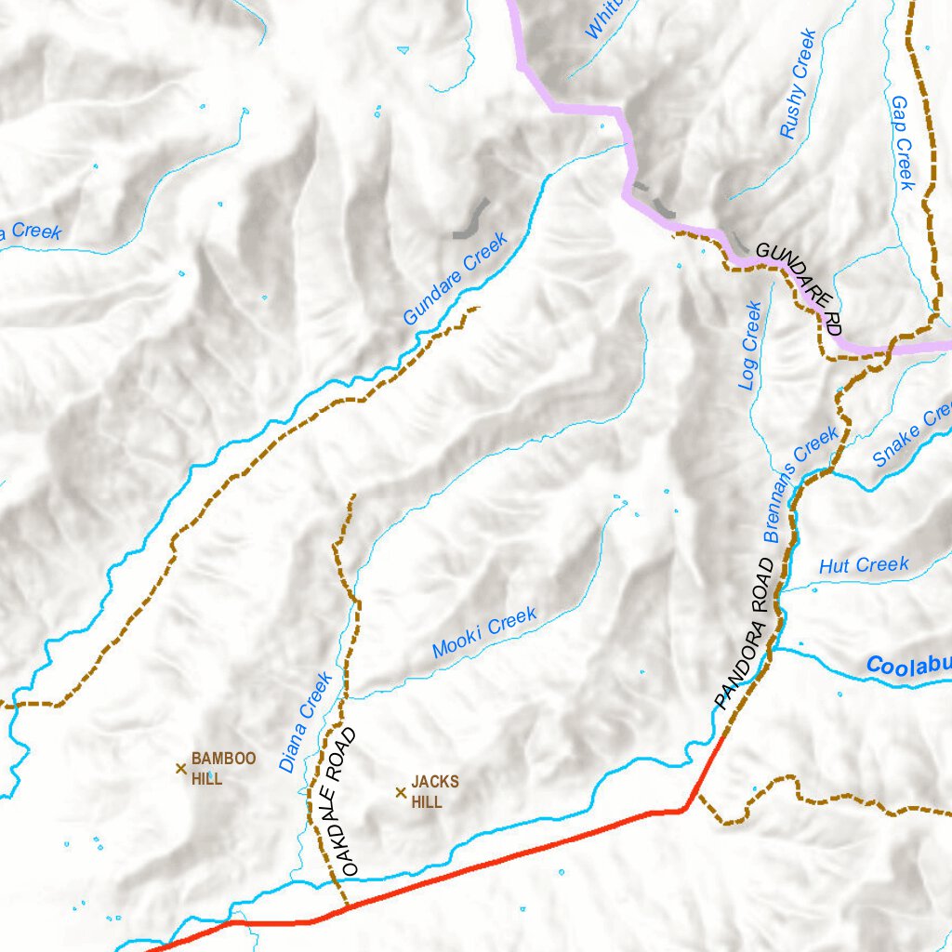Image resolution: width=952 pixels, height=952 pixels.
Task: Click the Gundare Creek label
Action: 456,279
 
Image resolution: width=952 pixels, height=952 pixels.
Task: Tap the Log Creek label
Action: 751,345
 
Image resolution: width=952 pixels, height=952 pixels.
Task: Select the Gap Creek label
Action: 903,142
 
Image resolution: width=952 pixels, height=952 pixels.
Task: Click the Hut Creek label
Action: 864,565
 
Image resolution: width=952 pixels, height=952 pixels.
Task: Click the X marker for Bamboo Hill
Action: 181,768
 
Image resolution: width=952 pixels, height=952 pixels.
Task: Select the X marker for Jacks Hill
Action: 401,792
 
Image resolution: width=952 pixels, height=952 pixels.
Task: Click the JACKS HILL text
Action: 434,791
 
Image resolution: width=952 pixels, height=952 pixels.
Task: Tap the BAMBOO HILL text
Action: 223,769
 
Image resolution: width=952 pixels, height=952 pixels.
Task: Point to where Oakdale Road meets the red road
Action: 346,905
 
